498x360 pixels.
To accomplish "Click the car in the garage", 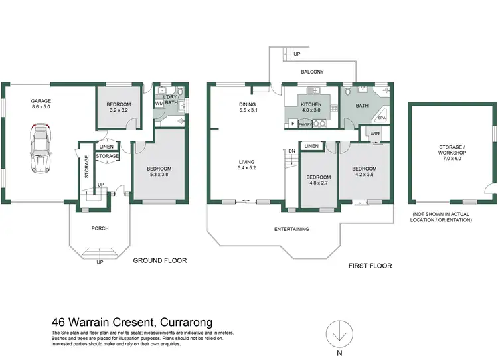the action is click(39, 149).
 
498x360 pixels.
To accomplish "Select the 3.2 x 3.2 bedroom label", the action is click(120, 108).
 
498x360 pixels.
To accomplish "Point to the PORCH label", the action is click(100, 229).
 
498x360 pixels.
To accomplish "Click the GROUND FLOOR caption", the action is click(160, 261).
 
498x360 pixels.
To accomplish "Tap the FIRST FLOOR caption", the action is click(370, 266).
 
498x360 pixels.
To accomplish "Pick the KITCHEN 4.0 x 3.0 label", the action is click(311, 108).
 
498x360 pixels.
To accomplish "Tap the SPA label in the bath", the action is click(381, 118).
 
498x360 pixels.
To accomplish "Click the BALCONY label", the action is click(312, 72).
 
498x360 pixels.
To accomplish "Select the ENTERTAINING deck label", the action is click(293, 229).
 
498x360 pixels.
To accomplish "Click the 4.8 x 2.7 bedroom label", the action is click(318, 181).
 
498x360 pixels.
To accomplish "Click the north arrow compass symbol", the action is click(339, 331).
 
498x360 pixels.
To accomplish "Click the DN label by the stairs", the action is click(291, 151).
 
